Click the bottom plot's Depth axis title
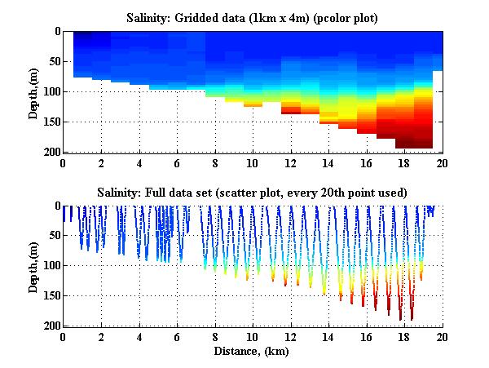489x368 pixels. tap(33, 267)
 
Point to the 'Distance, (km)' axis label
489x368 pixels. tap(253, 351)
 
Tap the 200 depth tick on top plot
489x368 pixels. tap(50, 152)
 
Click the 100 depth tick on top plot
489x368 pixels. tap(50, 91)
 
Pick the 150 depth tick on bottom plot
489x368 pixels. tap(50, 296)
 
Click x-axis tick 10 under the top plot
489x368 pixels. tap(253, 162)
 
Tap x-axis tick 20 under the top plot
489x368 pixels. tap(442, 162)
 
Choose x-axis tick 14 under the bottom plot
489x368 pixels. tap(328, 336)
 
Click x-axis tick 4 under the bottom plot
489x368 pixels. tap(139, 336)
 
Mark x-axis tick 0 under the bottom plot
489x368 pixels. tap(64, 336)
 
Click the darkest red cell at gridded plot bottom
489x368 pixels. tap(413, 144)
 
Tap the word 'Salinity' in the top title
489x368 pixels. tap(149, 16)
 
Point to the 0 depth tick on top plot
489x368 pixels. tap(55, 32)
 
